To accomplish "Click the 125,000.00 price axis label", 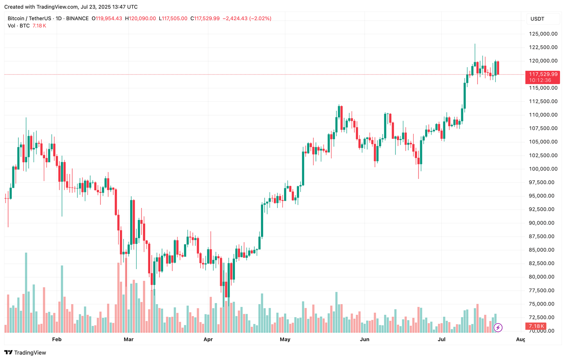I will tap(543, 34).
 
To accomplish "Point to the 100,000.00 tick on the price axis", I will tap(543, 169).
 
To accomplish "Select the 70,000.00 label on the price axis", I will tap(542, 331).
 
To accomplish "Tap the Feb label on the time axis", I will tap(57, 339).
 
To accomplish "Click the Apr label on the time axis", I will tap(208, 339).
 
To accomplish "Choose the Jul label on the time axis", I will tap(441, 339).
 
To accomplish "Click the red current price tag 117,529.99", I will tap(543, 74).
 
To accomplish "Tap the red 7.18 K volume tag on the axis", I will tap(536, 326).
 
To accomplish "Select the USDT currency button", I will tap(537, 19).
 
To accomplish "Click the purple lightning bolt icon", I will tap(498, 327).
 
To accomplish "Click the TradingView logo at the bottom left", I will tap(25, 353).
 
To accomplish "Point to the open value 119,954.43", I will tap(109, 18).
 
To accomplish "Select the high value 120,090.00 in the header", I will tap(142, 18).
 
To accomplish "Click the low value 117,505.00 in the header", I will tap(174, 18).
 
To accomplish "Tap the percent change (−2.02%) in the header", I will tap(260, 18).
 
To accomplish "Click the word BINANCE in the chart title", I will tap(77, 18).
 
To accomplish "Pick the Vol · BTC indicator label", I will tap(19, 26).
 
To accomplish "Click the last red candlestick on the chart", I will tap(498, 68).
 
